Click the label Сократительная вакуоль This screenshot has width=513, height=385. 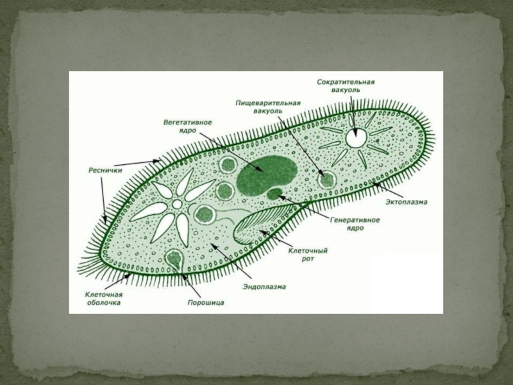(x=345, y=86)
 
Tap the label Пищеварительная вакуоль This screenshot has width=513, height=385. (x=267, y=107)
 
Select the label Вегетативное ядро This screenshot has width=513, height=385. (x=187, y=125)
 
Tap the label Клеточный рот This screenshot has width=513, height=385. (x=307, y=254)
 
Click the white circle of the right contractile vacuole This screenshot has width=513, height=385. (x=356, y=137)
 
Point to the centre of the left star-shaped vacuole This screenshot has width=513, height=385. (x=176, y=204)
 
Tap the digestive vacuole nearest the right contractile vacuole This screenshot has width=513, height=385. (x=327, y=179)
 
